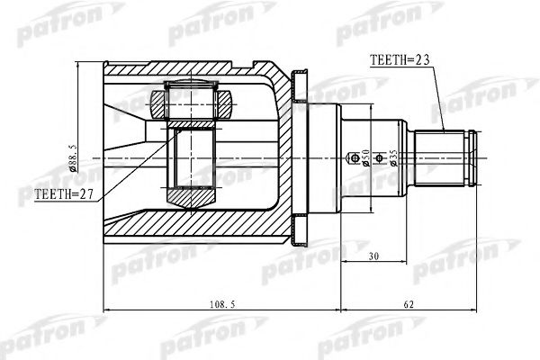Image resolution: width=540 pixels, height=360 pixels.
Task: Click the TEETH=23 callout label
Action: (x=400, y=60)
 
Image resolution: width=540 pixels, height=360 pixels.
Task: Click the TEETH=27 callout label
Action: (x=64, y=194)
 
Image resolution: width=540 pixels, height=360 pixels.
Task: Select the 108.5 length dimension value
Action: (x=222, y=304)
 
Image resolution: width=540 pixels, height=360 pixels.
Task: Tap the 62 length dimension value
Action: (x=409, y=304)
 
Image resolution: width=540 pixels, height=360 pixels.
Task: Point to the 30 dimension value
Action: (x=373, y=256)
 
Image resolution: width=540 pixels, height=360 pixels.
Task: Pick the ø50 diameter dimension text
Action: (x=365, y=157)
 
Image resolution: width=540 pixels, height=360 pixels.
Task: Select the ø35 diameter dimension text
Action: (x=393, y=158)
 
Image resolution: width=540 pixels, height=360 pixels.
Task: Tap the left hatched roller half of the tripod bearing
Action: (x=158, y=104)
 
